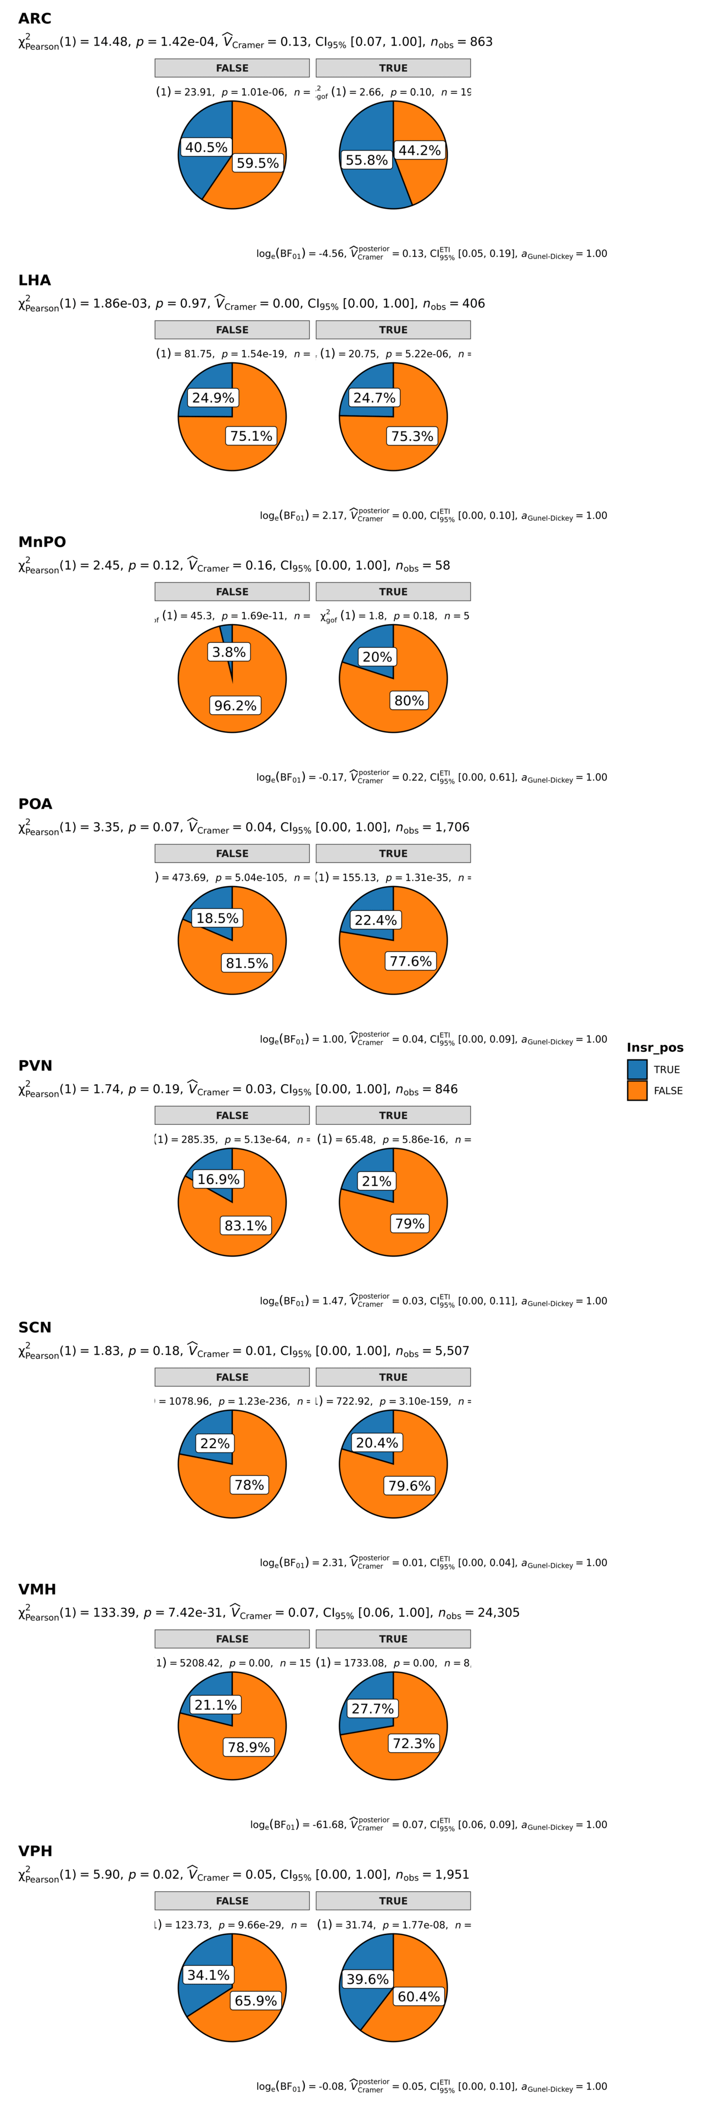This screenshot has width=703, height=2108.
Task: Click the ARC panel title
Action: click(35, 19)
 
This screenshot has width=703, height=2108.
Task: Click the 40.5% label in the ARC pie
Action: click(207, 147)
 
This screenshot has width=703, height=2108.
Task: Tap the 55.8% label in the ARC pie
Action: click(367, 160)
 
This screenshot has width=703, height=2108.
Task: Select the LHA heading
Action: click(35, 280)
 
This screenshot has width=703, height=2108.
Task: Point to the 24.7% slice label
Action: click(374, 397)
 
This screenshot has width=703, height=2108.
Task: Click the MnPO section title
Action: click(42, 542)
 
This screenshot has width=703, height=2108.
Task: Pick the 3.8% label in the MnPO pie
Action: click(229, 652)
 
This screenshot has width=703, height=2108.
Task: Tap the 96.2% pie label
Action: click(235, 705)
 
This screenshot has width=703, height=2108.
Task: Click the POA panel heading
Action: click(35, 804)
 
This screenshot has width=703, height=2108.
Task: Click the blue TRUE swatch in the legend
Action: click(637, 1069)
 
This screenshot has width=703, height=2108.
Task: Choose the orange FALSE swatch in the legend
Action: click(637, 1090)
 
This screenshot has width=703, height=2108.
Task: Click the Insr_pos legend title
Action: click(655, 1047)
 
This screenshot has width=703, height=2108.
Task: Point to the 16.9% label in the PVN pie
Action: click(219, 1179)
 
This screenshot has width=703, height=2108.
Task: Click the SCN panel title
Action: click(35, 1327)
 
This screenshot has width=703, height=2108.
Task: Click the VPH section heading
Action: click(35, 1851)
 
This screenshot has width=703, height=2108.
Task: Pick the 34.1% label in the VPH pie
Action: click(208, 1975)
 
